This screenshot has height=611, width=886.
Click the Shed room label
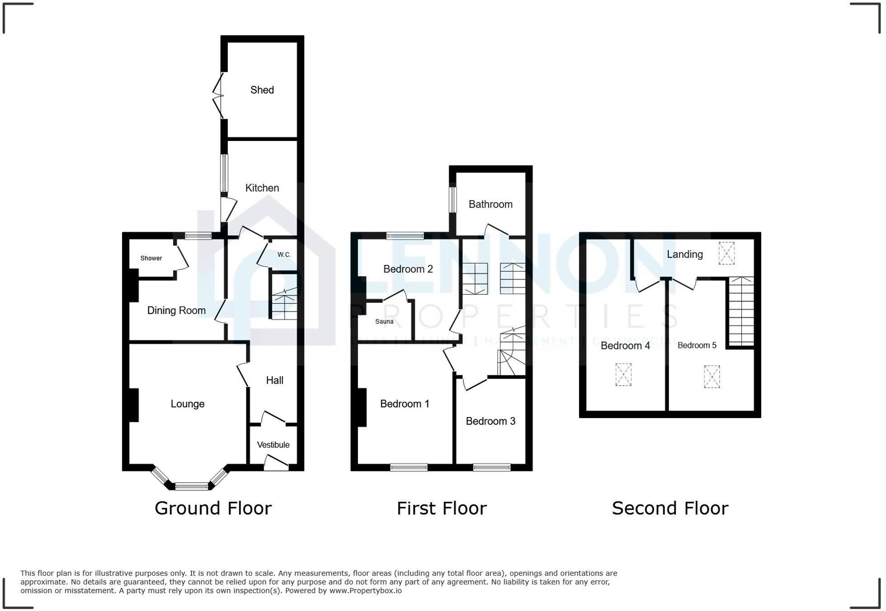[x=262, y=90]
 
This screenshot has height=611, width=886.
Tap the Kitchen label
[x=262, y=188]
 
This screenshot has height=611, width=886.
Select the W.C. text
[x=284, y=255]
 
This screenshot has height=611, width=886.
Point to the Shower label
[x=151, y=258]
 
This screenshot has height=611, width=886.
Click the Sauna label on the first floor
[x=384, y=322]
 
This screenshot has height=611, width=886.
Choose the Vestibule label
[x=273, y=445]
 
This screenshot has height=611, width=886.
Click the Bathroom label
[x=490, y=204]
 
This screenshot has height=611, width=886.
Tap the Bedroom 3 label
[x=490, y=421]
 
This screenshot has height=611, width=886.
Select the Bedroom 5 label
[x=697, y=346]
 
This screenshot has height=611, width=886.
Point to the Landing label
[x=684, y=254]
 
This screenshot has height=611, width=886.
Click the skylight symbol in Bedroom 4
[x=623, y=375]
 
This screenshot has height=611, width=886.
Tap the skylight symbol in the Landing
[x=726, y=253]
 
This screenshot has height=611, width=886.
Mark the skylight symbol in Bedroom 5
[x=712, y=377]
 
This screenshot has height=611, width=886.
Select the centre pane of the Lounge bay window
[x=192, y=487]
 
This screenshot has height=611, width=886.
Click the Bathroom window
[x=452, y=200]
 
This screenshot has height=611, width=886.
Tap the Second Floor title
[x=670, y=508]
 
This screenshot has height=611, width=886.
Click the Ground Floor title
[x=213, y=508]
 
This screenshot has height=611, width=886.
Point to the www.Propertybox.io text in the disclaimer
[x=365, y=591]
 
